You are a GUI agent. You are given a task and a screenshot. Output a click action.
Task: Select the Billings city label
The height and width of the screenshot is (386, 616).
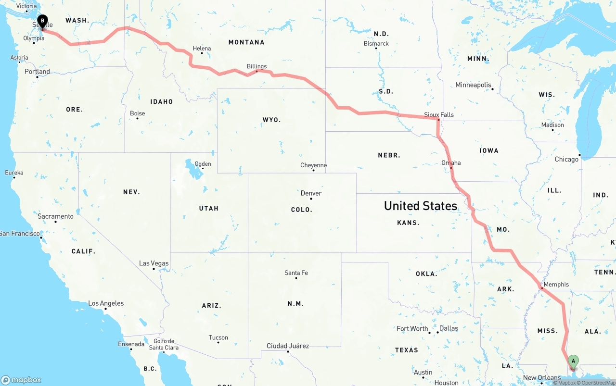tap(257, 66)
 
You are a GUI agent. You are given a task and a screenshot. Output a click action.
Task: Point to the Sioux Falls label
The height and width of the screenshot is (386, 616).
tap(438, 114)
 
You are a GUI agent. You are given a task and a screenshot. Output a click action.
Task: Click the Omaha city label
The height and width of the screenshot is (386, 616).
tap(451, 162)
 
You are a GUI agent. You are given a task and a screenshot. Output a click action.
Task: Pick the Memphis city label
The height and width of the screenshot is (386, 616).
tap(556, 284)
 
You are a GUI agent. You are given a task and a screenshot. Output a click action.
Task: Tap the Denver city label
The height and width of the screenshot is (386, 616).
tap(311, 193)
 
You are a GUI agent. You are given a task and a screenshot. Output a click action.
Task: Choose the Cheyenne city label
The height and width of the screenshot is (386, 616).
tap(313, 165)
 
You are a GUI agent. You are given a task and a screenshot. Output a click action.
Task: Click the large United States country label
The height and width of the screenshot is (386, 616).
tap(420, 206)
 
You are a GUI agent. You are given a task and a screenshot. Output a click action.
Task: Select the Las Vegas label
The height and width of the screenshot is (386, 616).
tap(154, 263)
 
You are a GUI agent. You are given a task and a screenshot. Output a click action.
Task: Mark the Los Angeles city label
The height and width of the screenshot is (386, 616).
tap(106, 303)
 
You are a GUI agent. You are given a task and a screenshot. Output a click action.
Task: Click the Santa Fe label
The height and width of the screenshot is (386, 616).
tap(296, 273)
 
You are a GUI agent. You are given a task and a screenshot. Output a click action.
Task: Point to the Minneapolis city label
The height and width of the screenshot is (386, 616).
tap(473, 85)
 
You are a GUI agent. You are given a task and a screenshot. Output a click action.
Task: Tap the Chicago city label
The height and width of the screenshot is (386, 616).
tap(566, 159)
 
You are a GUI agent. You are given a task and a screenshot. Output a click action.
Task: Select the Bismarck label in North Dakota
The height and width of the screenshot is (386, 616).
tap(376, 43)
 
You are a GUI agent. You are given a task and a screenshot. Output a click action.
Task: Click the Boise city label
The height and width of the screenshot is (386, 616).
tap(137, 113)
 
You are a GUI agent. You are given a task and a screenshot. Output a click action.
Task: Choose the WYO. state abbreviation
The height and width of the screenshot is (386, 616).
tap(271, 119)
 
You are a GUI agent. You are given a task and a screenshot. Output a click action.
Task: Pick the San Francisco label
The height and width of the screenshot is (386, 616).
tap(20, 233)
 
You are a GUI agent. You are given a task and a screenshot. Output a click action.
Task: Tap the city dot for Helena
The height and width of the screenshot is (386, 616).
tap(202, 53)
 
